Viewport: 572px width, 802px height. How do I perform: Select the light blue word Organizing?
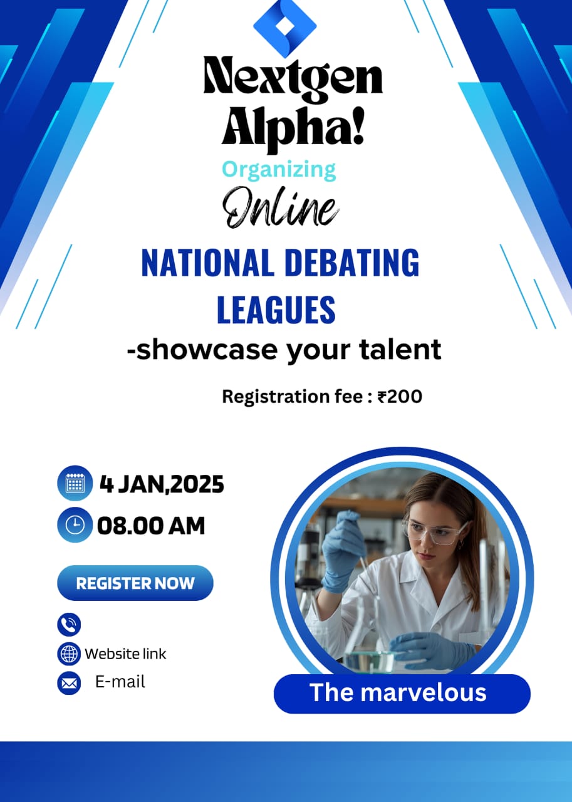coord(279,170)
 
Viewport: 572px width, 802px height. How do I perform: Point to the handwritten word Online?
coord(281,207)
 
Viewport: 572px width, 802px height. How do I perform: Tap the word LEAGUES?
coord(276,310)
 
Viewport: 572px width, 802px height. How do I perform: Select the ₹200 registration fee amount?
coord(400,397)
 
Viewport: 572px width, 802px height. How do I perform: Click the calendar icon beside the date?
coord(75,483)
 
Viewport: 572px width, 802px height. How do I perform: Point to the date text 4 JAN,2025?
coord(162,484)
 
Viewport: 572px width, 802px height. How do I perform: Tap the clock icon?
coord(75,525)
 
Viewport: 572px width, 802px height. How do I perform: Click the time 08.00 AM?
coord(151,526)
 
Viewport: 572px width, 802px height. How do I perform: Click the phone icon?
coord(69,625)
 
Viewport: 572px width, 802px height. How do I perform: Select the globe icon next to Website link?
coord(69,654)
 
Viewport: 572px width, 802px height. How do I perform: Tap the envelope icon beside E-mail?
coord(69,683)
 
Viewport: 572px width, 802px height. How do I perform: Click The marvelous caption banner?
coord(402,694)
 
